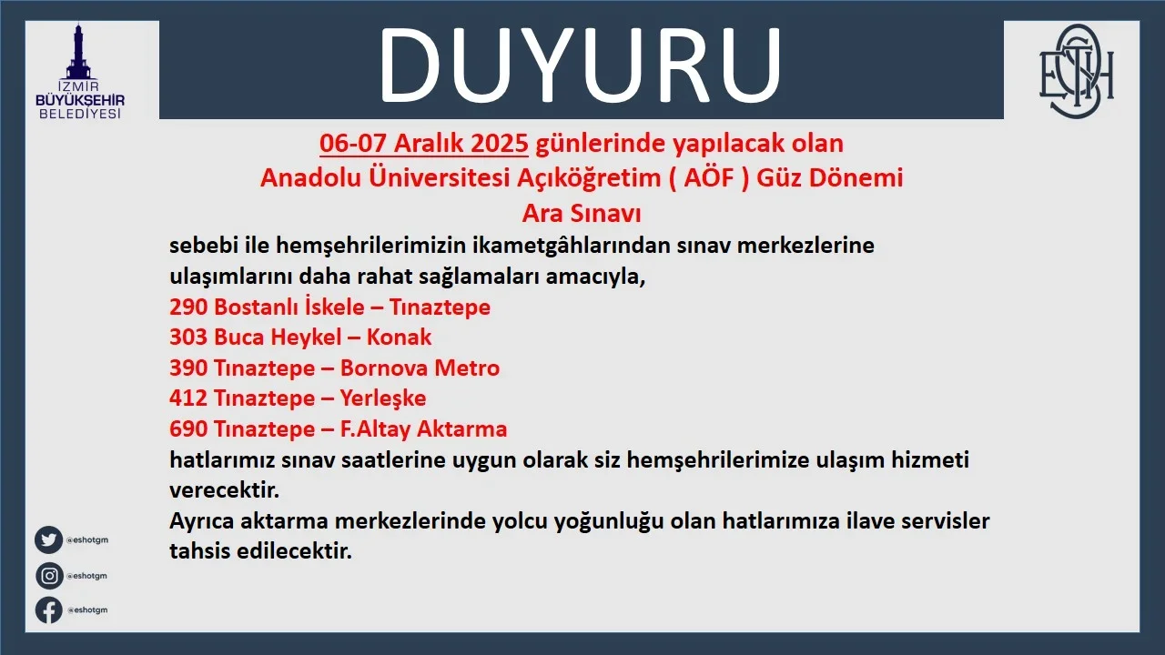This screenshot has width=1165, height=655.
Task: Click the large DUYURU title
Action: [x=580, y=65]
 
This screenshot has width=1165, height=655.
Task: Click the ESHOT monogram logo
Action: [x=1076, y=71]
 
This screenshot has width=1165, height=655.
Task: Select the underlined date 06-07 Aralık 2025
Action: [x=424, y=144]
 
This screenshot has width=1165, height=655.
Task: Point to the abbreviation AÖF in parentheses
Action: [x=708, y=178]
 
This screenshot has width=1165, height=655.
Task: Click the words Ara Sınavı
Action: [x=582, y=213]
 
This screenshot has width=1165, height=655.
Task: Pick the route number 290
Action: [x=188, y=307]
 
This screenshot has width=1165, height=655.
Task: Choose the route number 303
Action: [x=188, y=338]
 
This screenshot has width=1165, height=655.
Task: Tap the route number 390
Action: [x=188, y=368]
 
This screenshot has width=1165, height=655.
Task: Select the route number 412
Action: [x=188, y=398]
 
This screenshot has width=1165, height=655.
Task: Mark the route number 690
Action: [x=188, y=428]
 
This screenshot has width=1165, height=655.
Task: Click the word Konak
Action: [x=399, y=338]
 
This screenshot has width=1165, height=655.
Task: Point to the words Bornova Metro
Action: [x=420, y=368]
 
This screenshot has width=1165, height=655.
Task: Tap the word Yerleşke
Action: [x=383, y=398]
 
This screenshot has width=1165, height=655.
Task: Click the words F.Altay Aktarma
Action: [x=423, y=428]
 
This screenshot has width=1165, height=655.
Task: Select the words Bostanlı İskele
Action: [x=289, y=307]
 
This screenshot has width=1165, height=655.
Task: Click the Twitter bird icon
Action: [x=49, y=539]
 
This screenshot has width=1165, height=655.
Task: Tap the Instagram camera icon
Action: [x=49, y=576]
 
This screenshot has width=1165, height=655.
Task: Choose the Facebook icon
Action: [x=49, y=610]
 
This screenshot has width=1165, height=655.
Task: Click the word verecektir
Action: [x=224, y=490]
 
